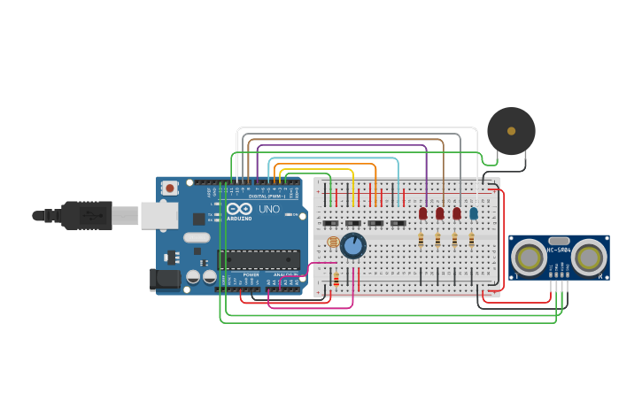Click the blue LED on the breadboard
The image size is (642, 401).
tap(474, 212)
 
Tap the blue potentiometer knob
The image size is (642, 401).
tap(353, 245)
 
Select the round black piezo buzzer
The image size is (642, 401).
tap(511, 131)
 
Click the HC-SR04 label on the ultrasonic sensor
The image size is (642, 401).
tap(559, 250)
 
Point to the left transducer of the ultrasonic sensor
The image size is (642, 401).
tap(529, 258)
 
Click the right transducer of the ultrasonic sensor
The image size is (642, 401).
tap(589, 258)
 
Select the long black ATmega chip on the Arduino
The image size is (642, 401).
tap(259, 258)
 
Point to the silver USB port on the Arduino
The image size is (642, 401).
tap(159, 215)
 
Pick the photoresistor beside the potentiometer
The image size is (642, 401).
tap(333, 242)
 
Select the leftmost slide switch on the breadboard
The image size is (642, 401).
tap(330, 223)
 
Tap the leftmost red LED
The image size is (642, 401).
tap(422, 212)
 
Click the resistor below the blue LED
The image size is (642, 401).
tap(471, 239)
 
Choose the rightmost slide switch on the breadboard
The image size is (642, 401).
tap(398, 223)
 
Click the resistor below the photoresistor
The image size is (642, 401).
tap(336, 279)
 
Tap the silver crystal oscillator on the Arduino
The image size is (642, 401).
tap(197, 237)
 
